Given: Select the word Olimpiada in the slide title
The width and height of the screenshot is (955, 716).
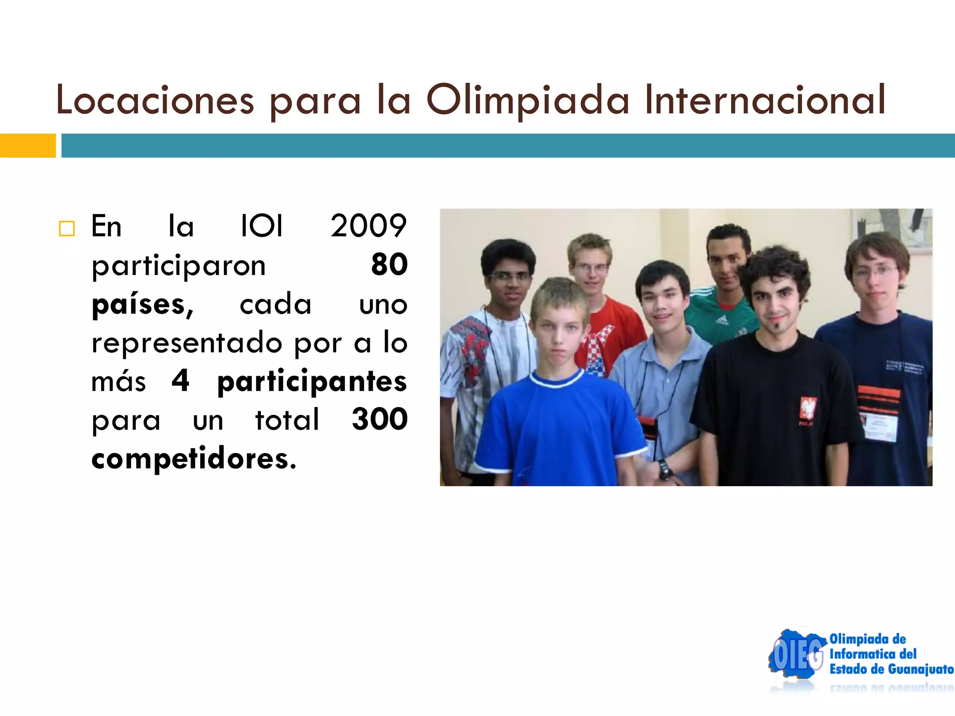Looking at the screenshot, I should point(527,100).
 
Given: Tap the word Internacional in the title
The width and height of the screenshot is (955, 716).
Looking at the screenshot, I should point(765,100).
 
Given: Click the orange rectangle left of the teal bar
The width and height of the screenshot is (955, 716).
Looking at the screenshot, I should point(28,145).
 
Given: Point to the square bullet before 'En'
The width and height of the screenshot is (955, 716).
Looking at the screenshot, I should point(67,228).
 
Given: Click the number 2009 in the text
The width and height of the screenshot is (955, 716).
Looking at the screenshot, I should point(368,226).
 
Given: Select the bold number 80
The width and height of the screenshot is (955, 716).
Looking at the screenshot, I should point(389,265).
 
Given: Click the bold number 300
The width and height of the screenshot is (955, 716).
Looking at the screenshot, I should point(380,419).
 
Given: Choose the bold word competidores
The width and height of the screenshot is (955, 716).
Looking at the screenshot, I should point(194,458).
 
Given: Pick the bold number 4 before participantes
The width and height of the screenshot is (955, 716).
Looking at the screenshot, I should point(180,380).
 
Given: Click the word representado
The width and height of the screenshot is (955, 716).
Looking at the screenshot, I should point(187,343).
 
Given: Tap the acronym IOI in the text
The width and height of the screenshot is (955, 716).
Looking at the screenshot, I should point(262,226).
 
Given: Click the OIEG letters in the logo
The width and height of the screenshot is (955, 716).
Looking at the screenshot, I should point(797,655).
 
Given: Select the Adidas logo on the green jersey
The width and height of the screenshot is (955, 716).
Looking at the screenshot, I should point(721,320).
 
